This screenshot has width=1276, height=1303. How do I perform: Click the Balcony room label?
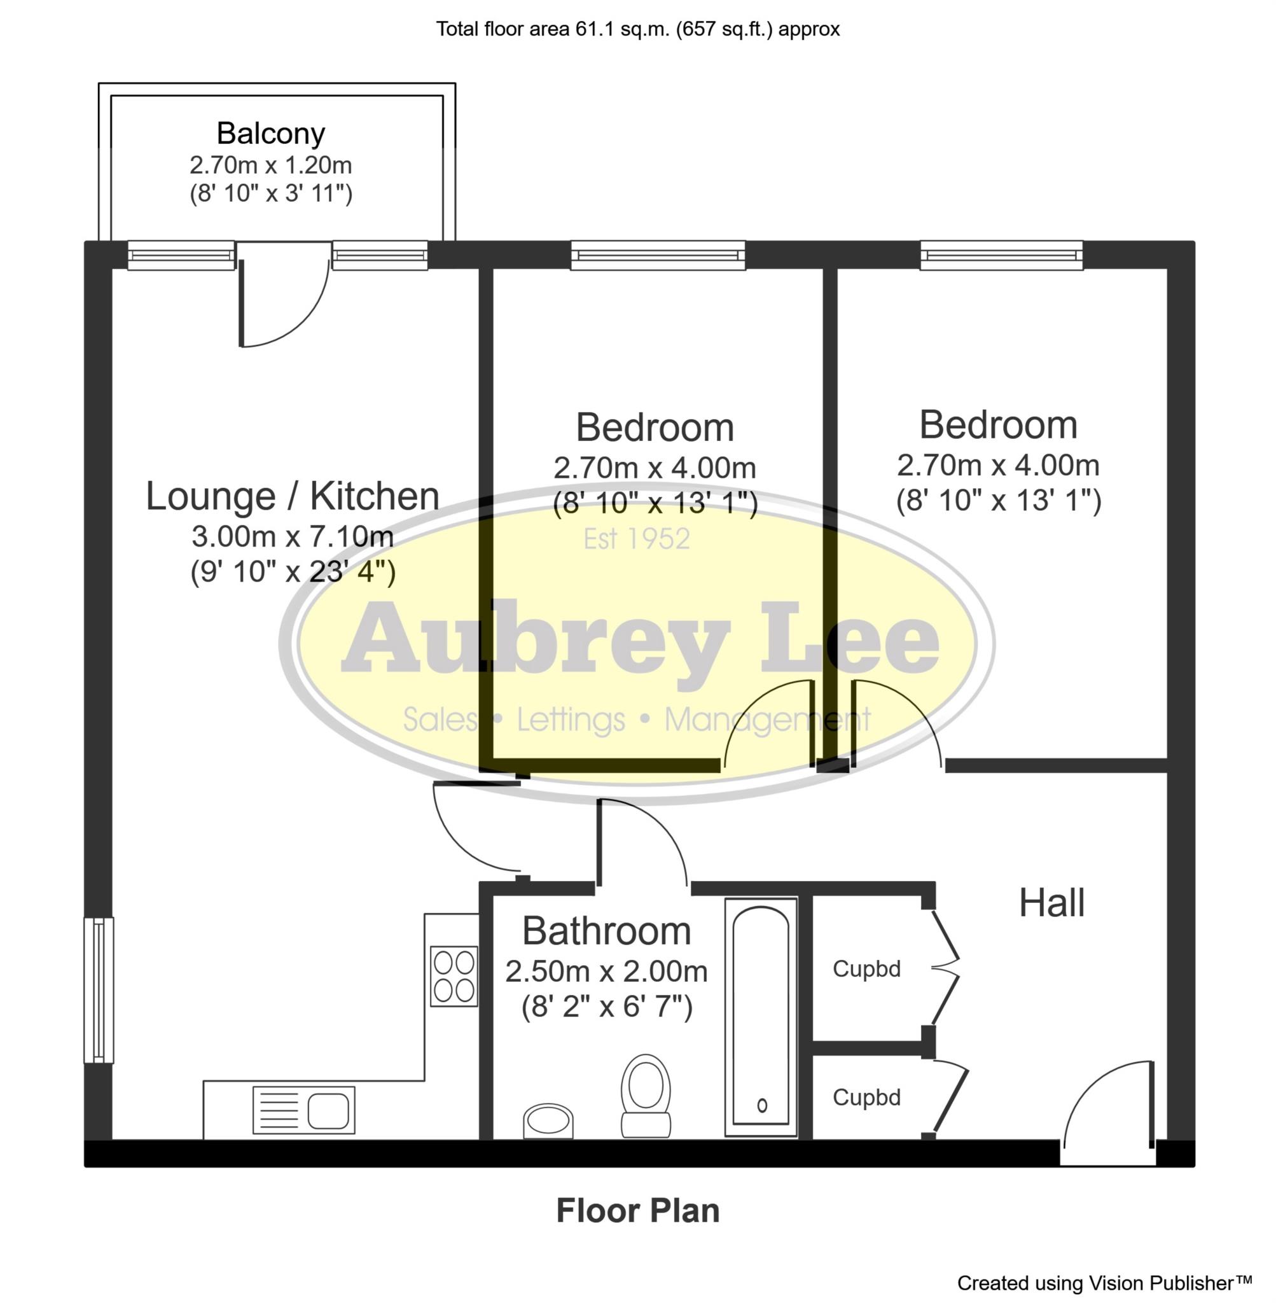[x=271, y=134]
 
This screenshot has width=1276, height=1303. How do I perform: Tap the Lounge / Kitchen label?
[x=293, y=497]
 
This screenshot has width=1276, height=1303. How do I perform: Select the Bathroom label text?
[x=606, y=931]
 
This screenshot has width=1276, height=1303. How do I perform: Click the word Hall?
[x=1051, y=903]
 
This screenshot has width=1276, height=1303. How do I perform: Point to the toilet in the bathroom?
[x=646, y=1096]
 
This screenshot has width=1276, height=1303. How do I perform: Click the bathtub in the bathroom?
[x=761, y=1017]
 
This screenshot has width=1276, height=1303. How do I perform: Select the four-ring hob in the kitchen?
[x=454, y=976]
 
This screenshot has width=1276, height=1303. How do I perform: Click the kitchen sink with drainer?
[x=303, y=1111]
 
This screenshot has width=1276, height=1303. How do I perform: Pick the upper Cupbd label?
[x=866, y=969]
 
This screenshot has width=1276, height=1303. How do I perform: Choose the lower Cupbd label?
[x=866, y=1097]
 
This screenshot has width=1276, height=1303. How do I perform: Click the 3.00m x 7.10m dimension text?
[x=293, y=537]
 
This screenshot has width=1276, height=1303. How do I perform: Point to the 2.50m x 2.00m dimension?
[x=606, y=972]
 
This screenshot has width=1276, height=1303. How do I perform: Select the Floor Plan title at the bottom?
[x=637, y=1211]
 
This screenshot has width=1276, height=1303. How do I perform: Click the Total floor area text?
[x=637, y=29]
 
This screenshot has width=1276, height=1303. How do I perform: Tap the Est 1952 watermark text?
[x=637, y=539]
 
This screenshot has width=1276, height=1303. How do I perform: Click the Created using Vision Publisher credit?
[x=1104, y=1283]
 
